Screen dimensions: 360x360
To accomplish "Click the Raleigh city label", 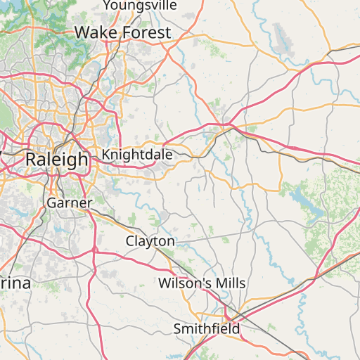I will [x=57, y=159].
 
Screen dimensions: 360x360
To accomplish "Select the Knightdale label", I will [x=136, y=154].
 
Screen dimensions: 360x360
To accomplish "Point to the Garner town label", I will [x=70, y=203].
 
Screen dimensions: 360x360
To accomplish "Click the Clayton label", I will [x=150, y=241].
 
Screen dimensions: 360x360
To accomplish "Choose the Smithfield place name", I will [x=207, y=328].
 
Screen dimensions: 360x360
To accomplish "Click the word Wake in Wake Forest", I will [x=97, y=32].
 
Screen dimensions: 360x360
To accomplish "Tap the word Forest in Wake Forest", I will [x=146, y=32].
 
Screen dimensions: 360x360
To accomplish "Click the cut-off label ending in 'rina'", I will [x=15, y=283].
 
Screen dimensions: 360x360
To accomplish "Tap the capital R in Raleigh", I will [x=31, y=159].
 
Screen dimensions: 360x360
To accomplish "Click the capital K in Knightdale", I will [x=106, y=154].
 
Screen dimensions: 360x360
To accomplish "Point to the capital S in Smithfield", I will [x=178, y=328].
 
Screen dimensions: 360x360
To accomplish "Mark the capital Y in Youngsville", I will [x=108, y=6].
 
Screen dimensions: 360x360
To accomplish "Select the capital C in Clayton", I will [x=130, y=241].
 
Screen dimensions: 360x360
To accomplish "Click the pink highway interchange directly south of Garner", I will [x=94, y=250].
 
